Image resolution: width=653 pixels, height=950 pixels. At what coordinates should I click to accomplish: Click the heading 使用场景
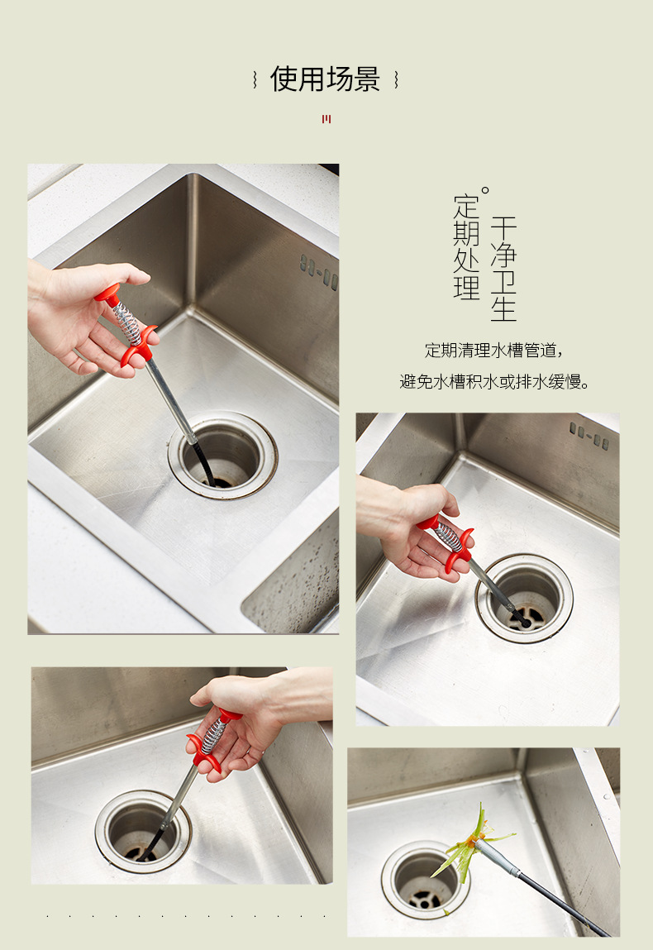pos(326,79)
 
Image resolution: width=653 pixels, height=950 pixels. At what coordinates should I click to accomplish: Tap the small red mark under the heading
pos(326,119)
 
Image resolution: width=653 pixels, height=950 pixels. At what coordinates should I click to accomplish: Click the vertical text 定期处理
pos(466,247)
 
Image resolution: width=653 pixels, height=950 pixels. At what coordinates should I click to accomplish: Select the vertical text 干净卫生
pos(503,269)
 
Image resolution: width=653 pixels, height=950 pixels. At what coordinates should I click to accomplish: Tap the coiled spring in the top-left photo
pos(129,322)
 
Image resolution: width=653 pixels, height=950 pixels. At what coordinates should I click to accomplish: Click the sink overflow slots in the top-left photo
pos(319,273)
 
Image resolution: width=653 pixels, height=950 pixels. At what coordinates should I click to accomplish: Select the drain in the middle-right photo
pos(525,598)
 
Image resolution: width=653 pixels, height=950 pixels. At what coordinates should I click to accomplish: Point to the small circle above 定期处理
pos(484,191)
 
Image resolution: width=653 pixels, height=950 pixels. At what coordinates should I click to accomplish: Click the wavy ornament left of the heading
pos(255,79)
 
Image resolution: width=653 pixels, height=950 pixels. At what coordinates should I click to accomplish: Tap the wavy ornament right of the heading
pos(396,79)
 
